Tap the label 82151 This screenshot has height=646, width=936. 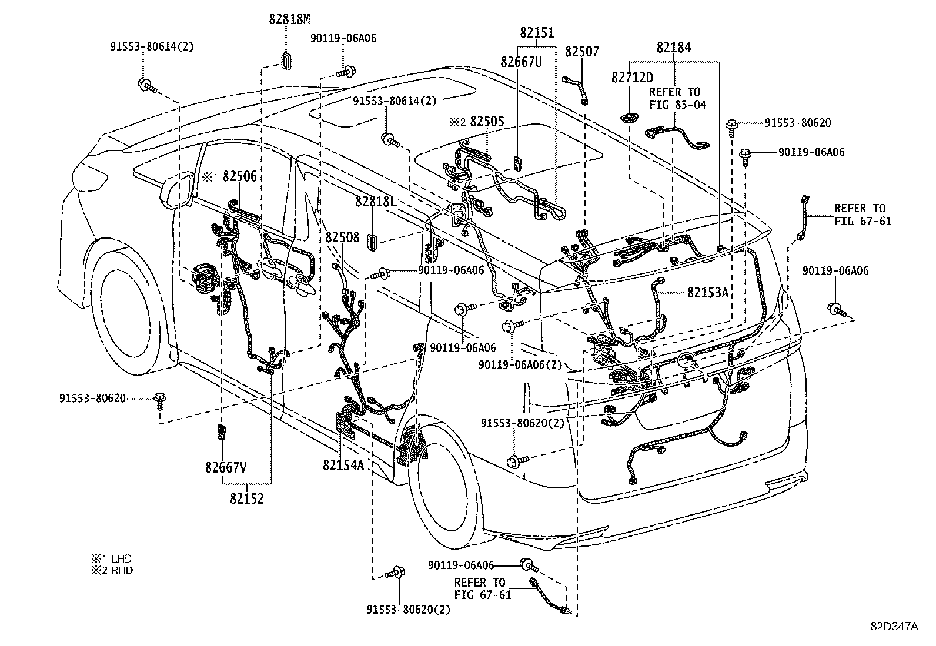tap(536, 33)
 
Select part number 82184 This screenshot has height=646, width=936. tap(674, 48)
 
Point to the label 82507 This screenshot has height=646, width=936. tap(581, 52)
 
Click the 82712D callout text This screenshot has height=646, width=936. tap(631, 77)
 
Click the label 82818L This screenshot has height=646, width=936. tap(375, 202)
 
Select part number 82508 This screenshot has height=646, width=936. tap(342, 237)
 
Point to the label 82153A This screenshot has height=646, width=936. tap(708, 292)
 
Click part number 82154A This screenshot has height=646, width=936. tap(343, 465)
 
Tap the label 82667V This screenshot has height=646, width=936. tap(226, 467)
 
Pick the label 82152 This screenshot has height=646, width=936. tap(247, 498)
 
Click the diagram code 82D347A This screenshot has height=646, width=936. tap(894, 626)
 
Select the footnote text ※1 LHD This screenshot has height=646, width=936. tap(111, 558)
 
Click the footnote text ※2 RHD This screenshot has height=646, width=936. tap(111, 570)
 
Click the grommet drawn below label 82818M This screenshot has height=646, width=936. tap(286, 61)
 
